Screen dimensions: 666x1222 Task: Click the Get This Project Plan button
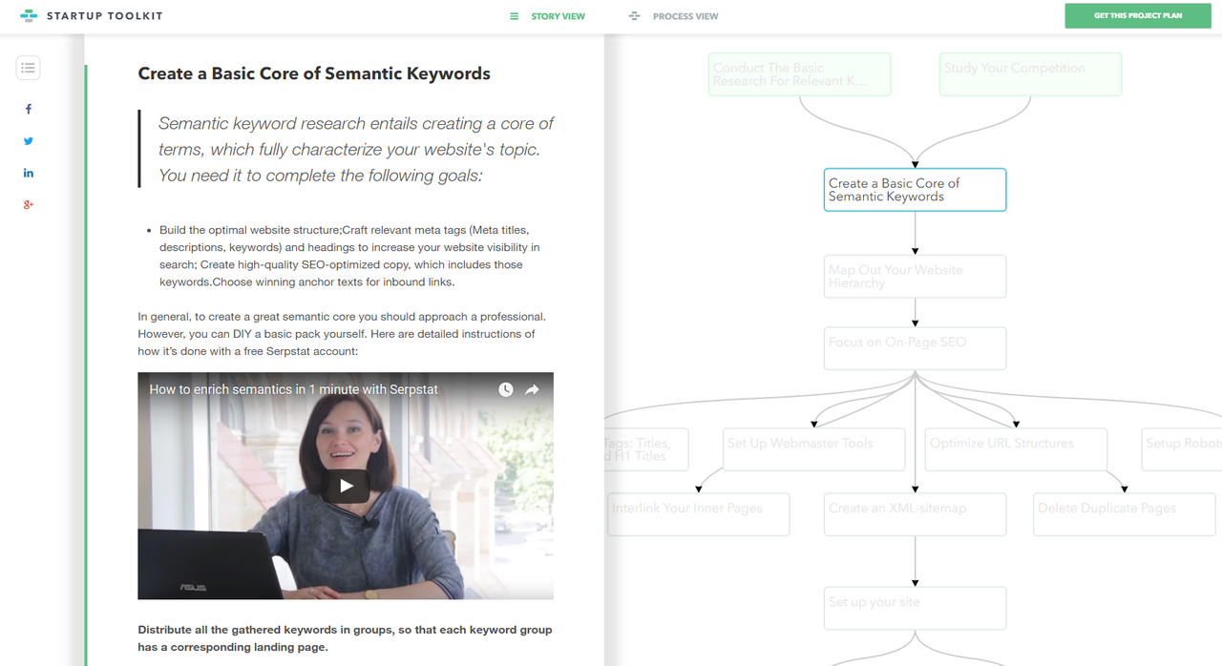click(x=1137, y=16)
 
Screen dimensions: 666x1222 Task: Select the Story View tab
click(x=548, y=16)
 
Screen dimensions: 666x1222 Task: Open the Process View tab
click(x=674, y=16)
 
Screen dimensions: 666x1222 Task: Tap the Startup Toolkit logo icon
click(x=29, y=16)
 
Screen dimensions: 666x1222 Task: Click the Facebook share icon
click(x=29, y=109)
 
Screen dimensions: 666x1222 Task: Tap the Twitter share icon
click(x=29, y=141)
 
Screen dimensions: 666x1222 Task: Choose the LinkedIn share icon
click(x=29, y=173)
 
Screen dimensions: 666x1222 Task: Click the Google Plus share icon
click(x=29, y=204)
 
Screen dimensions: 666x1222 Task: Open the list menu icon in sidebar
click(x=29, y=68)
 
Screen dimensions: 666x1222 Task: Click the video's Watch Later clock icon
click(x=506, y=389)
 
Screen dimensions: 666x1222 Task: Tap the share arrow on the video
click(x=533, y=389)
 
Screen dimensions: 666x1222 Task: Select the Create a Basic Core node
click(x=915, y=190)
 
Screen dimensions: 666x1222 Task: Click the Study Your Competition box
click(x=1030, y=74)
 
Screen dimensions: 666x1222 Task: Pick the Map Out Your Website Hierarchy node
click(x=915, y=277)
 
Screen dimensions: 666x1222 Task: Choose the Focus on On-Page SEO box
click(x=915, y=348)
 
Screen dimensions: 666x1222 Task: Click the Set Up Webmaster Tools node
click(x=813, y=449)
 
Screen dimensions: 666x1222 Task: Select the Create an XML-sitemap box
click(x=915, y=514)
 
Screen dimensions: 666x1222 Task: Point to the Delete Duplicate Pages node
click(x=1124, y=514)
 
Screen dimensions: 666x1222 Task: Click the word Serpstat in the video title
click(x=413, y=389)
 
